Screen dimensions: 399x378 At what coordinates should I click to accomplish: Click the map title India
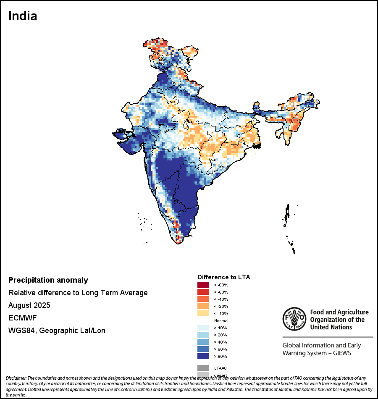(x=23, y=16)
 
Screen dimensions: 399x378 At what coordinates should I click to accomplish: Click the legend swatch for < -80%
(x=203, y=285)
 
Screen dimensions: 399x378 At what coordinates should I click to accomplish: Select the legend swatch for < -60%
(x=203, y=292)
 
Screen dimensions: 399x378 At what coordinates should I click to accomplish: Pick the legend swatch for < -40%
(x=203, y=299)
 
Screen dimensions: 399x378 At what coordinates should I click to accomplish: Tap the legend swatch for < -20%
(x=203, y=306)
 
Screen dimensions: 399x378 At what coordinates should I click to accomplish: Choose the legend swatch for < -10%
(x=203, y=313)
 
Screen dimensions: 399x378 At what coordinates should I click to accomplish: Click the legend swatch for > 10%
(x=203, y=328)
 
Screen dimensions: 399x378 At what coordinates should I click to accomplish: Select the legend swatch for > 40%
(x=203, y=342)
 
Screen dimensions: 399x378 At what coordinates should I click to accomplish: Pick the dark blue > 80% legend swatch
(x=203, y=356)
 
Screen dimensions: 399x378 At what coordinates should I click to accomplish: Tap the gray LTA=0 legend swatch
(x=203, y=368)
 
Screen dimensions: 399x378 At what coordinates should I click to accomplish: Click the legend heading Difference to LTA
(x=223, y=277)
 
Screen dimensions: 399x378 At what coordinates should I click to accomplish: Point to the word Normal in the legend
(x=221, y=320)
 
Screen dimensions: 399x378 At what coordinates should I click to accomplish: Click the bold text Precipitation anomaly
(x=48, y=280)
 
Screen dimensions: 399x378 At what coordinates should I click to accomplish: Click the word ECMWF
(x=22, y=318)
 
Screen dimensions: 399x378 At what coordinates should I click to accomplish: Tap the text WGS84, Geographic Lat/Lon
(x=57, y=331)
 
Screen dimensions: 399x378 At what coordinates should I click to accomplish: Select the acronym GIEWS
(x=341, y=353)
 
